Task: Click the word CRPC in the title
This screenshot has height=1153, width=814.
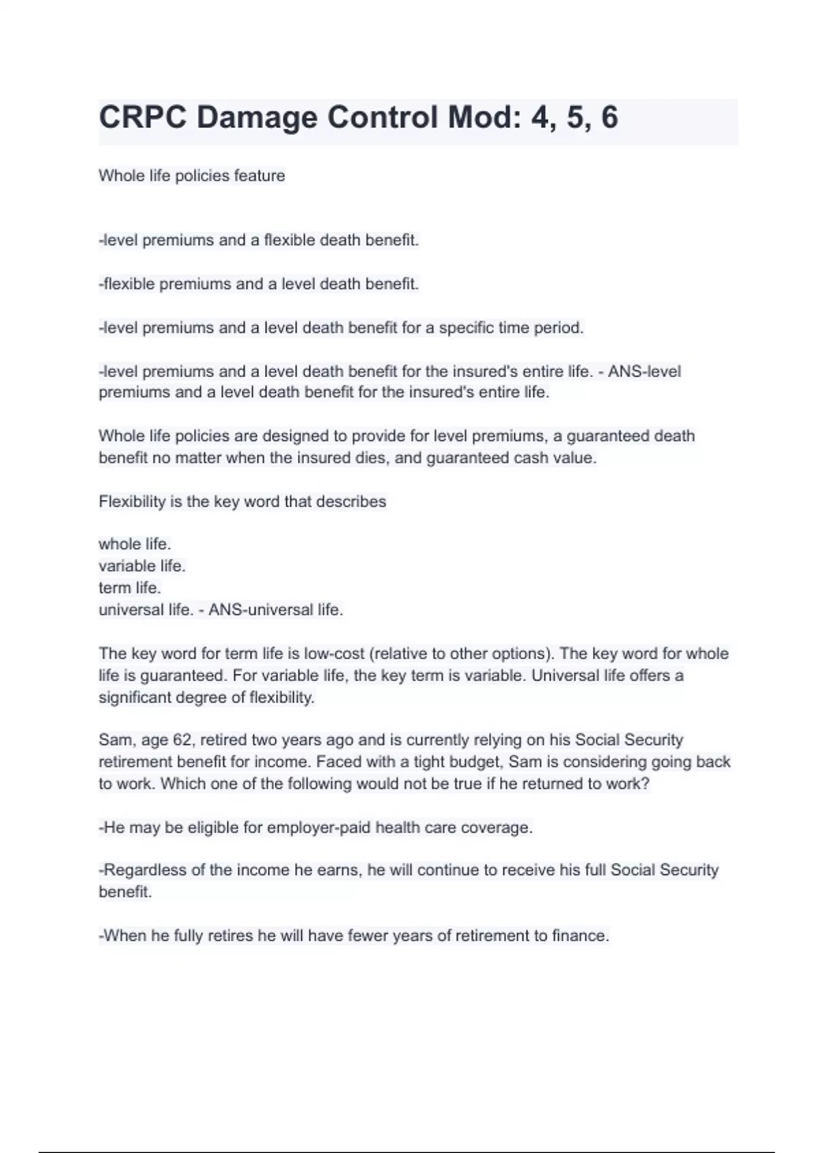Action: (142, 117)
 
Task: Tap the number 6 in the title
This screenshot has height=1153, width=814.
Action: (609, 117)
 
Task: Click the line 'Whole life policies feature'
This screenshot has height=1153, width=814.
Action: (192, 176)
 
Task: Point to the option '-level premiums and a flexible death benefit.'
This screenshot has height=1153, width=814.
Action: (259, 240)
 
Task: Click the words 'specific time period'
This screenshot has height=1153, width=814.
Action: (510, 328)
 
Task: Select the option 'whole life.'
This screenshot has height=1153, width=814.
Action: (135, 544)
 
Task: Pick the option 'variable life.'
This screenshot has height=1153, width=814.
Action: (142, 566)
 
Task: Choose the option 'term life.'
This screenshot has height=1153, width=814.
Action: (130, 588)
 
